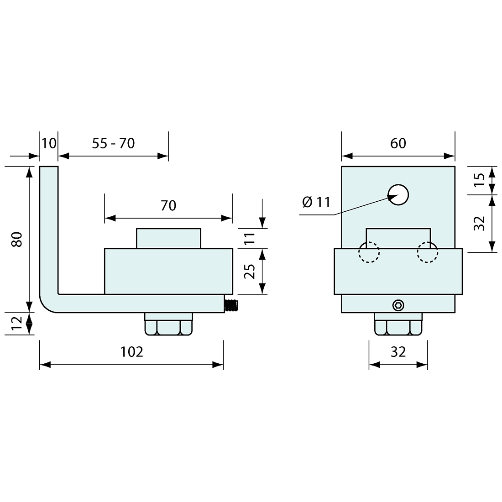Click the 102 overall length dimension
point(131,351)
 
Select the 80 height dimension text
point(17,239)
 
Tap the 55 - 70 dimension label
point(113,143)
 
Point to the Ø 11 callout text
point(316,202)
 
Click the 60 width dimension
point(398,143)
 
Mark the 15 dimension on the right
point(478,181)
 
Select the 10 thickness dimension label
point(49,143)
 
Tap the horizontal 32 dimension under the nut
point(398,351)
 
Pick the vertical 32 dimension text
point(478,223)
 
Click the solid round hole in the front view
point(398,195)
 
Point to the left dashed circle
point(369,252)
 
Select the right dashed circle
point(427,252)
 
